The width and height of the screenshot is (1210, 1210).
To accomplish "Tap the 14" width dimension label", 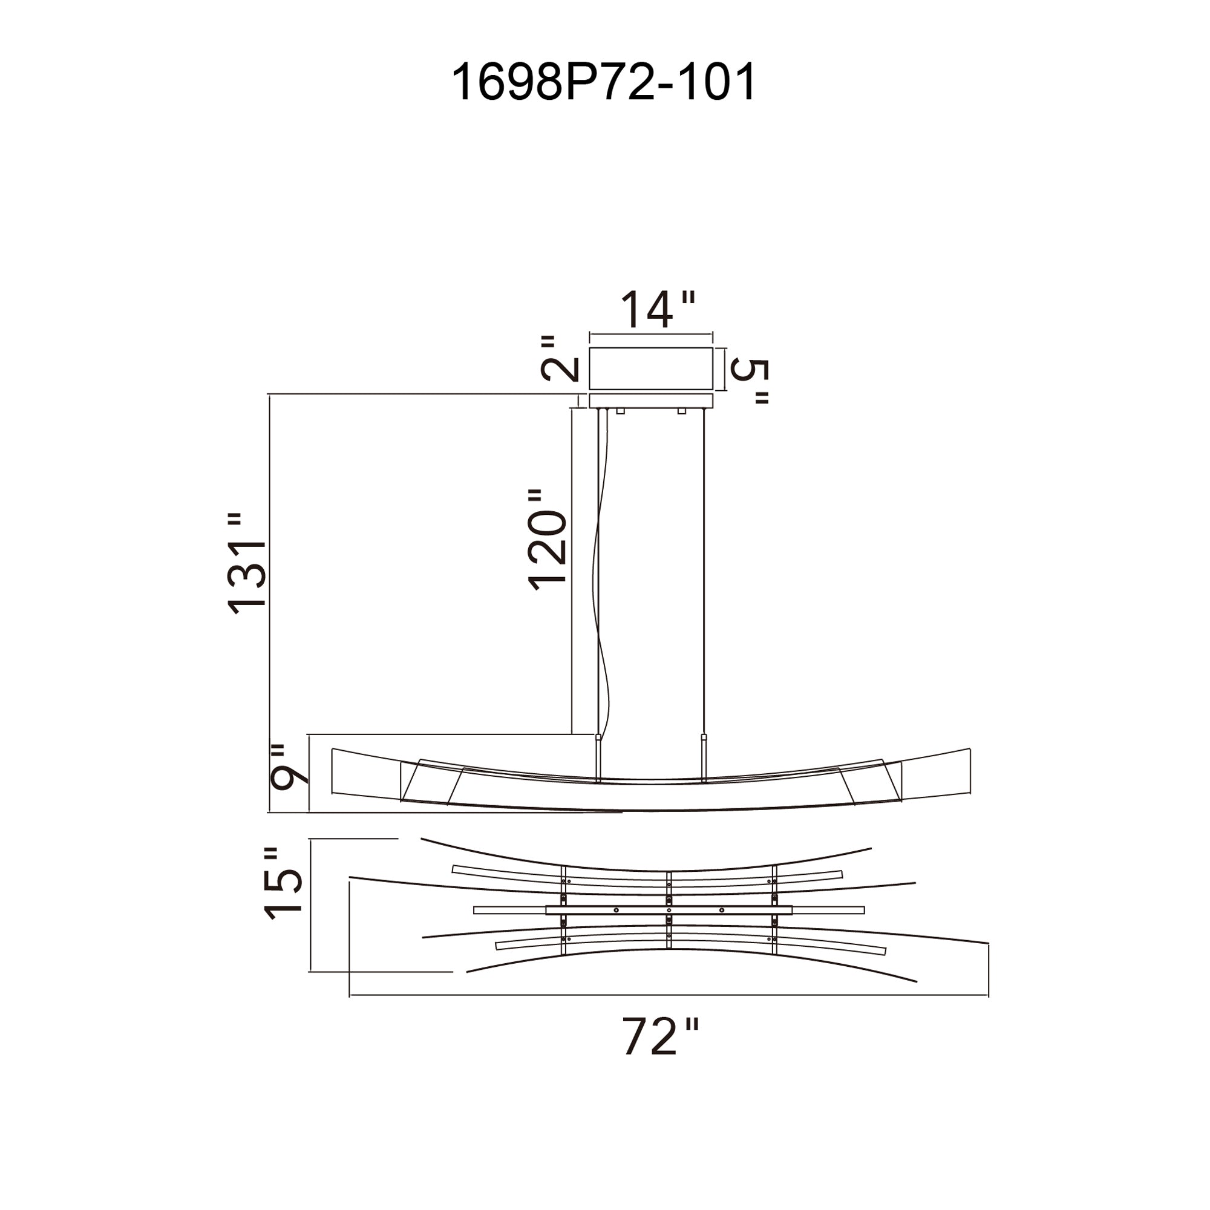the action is point(658,309).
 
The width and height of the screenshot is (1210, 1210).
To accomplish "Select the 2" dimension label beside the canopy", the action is point(558,359).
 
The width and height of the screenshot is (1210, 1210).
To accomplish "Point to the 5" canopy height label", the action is point(749,382).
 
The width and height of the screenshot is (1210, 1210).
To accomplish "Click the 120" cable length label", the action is point(548,540).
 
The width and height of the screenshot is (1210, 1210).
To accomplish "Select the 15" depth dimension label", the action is point(284,884).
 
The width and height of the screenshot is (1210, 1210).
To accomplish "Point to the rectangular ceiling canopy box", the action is point(651,368).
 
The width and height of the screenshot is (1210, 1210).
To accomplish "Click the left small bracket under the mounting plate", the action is point(621,411).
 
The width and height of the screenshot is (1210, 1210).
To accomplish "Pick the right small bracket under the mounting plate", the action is point(681,411).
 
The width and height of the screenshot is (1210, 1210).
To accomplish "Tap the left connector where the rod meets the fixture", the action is point(598,737).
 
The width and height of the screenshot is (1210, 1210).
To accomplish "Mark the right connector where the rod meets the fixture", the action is point(704,737).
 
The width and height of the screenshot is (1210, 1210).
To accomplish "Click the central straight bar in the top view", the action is point(669,910).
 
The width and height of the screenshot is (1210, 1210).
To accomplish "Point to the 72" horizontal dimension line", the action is point(669,995).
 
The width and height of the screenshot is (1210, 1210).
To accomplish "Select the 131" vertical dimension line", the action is point(269,603).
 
